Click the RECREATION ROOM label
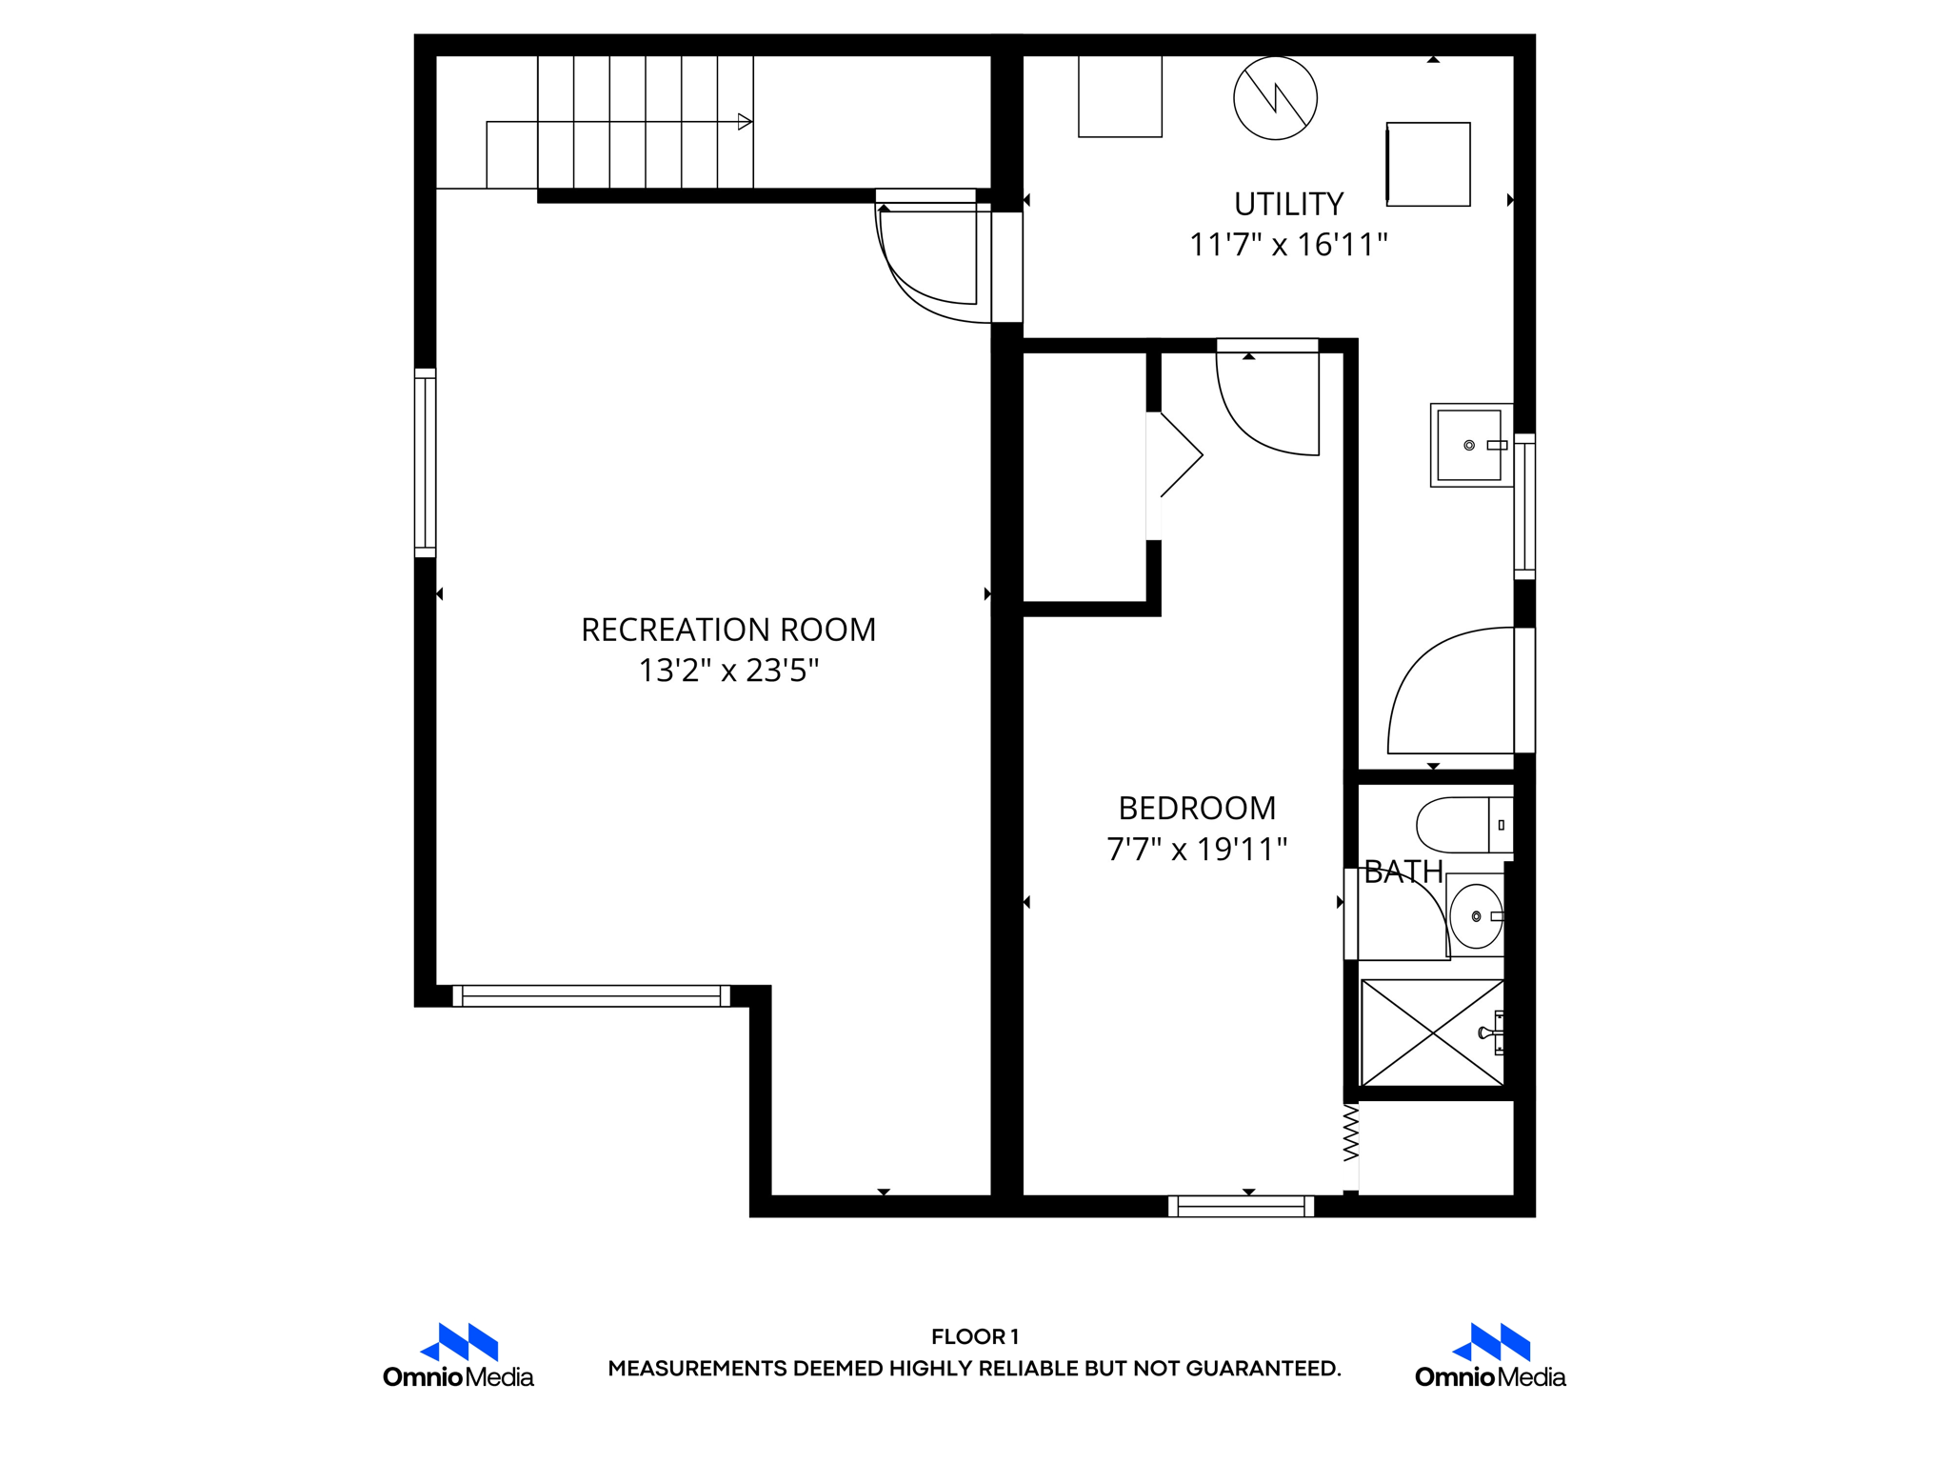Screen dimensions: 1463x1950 [727, 630]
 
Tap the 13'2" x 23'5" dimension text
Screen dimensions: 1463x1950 [727, 671]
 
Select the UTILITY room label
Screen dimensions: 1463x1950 [1288, 204]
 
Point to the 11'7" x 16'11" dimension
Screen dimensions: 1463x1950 [1288, 245]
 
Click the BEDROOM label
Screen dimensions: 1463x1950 [1197, 808]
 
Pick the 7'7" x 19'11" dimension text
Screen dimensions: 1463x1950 [1197, 849]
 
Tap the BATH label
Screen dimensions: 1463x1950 [1403, 872]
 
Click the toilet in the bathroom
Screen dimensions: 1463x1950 [1462, 825]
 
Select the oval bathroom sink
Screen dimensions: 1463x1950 [1476, 916]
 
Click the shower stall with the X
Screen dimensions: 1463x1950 [1432, 1032]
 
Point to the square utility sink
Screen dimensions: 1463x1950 [1469, 445]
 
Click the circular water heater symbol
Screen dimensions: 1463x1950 [1275, 98]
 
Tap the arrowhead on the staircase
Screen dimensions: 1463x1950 [746, 122]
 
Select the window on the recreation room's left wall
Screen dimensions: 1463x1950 [425, 463]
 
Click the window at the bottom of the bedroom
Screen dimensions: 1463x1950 [1241, 1206]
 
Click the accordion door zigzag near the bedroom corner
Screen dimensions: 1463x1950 [1350, 1133]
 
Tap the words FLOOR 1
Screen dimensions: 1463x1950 [974, 1336]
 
